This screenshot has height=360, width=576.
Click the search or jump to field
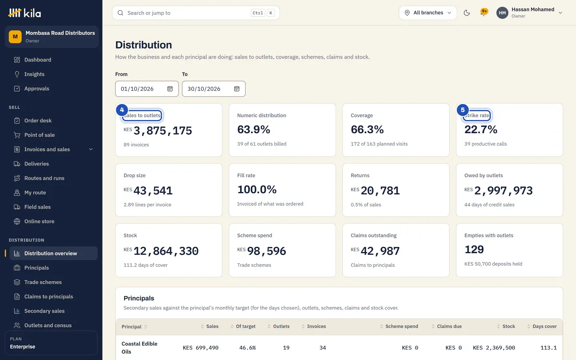pyautogui.click(x=196, y=13)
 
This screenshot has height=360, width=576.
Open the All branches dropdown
pyautogui.click(x=428, y=13)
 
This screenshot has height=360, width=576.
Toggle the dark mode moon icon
pyautogui.click(x=467, y=13)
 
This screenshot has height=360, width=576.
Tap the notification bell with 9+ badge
pyautogui.click(x=484, y=13)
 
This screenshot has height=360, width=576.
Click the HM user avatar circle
pyautogui.click(x=502, y=13)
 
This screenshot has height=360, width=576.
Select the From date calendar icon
pyautogui.click(x=170, y=89)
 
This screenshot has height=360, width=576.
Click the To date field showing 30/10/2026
pyautogui.click(x=214, y=89)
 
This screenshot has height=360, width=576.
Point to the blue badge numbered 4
pyautogui.click(x=122, y=110)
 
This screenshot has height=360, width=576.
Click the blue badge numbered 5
pyautogui.click(x=462, y=110)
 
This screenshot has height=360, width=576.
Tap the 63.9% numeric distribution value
pyautogui.click(x=254, y=129)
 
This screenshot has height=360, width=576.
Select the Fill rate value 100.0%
pyautogui.click(x=257, y=190)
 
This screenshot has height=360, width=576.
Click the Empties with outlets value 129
pyautogui.click(x=474, y=250)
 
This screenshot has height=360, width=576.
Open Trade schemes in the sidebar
pyautogui.click(x=43, y=282)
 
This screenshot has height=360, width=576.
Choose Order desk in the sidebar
pyautogui.click(x=38, y=121)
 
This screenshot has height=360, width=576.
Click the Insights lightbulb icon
pyautogui.click(x=17, y=74)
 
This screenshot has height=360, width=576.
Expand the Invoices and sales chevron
pyautogui.click(x=91, y=150)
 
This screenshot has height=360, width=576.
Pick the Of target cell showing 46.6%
pyautogui.click(x=247, y=348)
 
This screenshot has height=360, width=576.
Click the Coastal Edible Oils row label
pyautogui.click(x=139, y=348)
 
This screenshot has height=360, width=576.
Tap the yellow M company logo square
pyautogui.click(x=15, y=37)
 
